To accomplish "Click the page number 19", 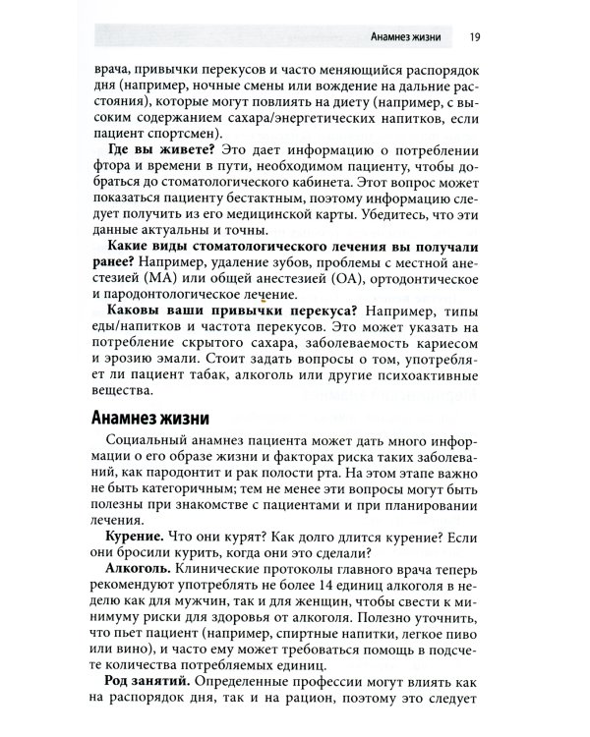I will click(x=475, y=38).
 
